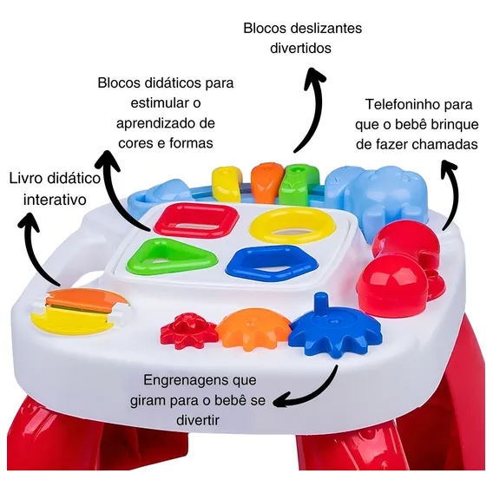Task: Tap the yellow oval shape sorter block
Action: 293,225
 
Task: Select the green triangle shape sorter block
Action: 171,256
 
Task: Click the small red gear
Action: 188,328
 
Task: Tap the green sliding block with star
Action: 299,186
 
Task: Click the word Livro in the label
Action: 26,178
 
